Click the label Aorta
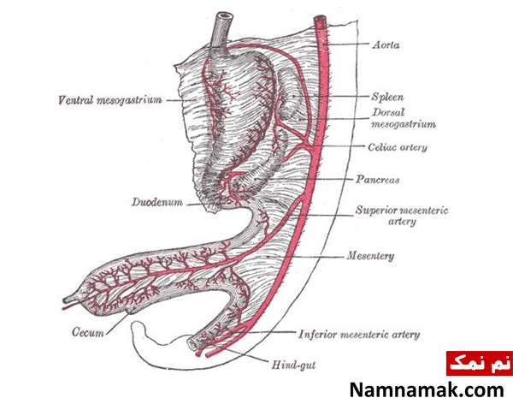click(x=386, y=45)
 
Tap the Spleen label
click(x=387, y=97)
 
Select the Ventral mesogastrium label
click(x=109, y=99)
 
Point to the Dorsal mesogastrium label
click(x=404, y=118)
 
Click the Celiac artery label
click(x=398, y=147)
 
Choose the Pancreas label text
click(x=378, y=180)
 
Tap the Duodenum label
click(x=157, y=202)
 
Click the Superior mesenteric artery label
click(x=402, y=216)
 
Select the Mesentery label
click(x=370, y=256)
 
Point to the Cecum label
click(x=88, y=332)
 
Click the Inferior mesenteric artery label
click(x=359, y=335)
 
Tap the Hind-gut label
click(x=293, y=365)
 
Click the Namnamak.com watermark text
click(x=427, y=390)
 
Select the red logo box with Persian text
click(x=480, y=364)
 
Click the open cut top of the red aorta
click(x=320, y=19)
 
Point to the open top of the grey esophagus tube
click(x=226, y=16)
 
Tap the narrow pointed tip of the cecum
click(x=66, y=300)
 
